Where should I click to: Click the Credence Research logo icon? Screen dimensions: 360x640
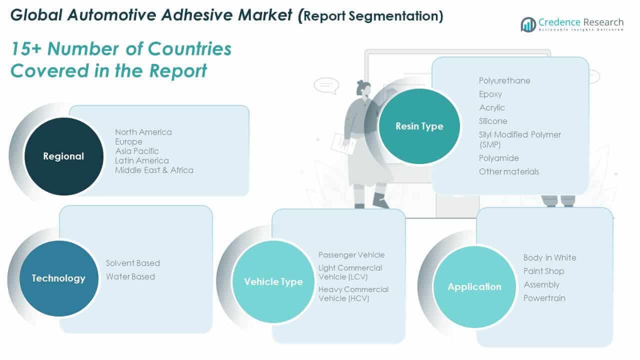(528, 24)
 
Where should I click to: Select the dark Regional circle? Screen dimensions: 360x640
(63, 156)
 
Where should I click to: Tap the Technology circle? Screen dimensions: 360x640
(58, 278)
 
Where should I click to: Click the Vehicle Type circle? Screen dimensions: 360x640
(273, 282)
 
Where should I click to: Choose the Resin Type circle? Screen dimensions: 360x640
(419, 126)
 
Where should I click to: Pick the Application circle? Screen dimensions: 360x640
(474, 287)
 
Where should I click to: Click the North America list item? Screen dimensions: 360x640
(143, 132)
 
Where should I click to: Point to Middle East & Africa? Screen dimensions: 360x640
(154, 170)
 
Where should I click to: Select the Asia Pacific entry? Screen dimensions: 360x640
(137, 151)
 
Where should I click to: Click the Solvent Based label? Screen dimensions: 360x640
(132, 263)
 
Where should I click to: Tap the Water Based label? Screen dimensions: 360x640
(130, 276)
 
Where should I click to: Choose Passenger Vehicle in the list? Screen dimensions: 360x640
(351, 255)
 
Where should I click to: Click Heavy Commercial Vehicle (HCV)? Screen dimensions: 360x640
(353, 294)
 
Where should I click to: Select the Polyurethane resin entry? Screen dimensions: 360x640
(504, 80)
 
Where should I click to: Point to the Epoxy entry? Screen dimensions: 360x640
(490, 94)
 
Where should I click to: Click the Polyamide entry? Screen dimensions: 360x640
(498, 158)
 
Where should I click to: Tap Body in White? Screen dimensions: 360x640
(549, 257)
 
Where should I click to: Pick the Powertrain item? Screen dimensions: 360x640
(544, 298)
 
